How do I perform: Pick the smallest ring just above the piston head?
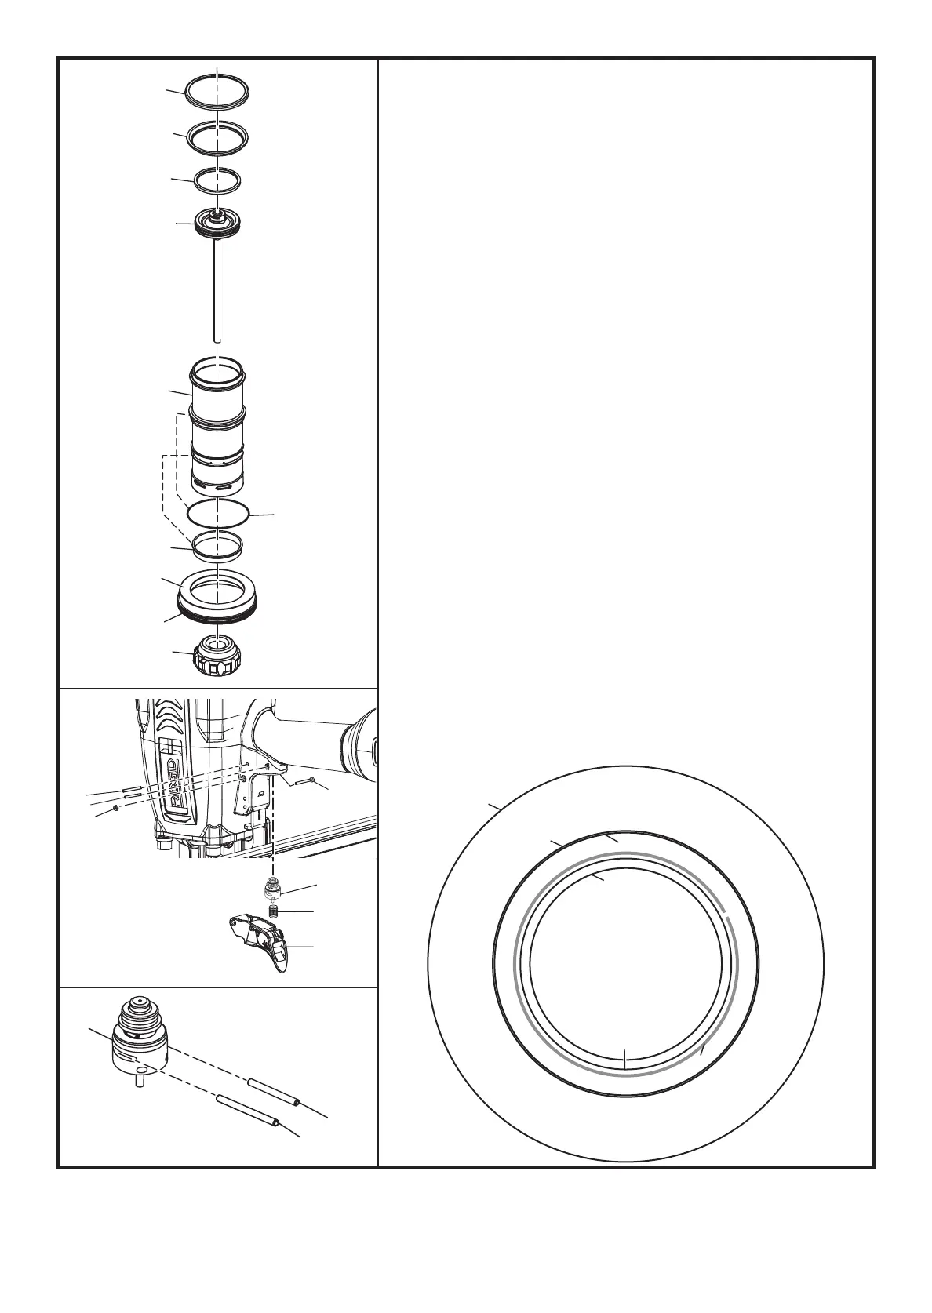coord(195,181)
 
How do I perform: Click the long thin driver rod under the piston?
coord(218,290)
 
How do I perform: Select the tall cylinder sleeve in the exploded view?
coord(218,424)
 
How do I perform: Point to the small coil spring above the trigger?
coord(275,911)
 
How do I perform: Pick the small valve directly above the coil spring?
coord(273,889)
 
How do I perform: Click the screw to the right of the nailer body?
coord(301,781)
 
